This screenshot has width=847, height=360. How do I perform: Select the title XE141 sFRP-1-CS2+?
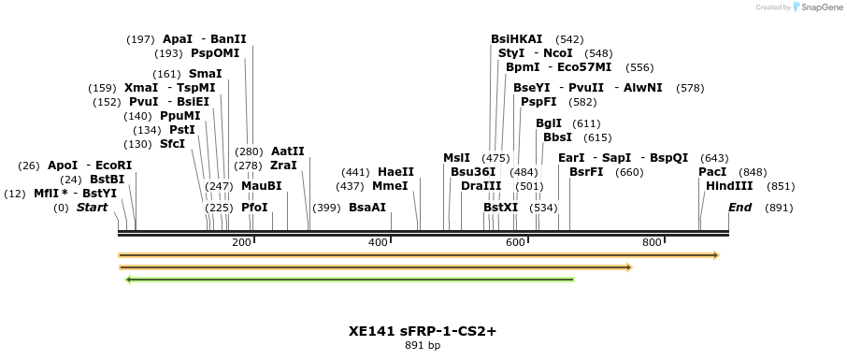[423, 330]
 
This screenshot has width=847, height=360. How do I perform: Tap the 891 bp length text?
[423, 346]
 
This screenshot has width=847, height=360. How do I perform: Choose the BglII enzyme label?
[549, 123]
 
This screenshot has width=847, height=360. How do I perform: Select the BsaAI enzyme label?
[367, 208]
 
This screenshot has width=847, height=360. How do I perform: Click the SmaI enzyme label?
[206, 73]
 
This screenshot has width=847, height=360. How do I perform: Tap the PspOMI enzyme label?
[215, 53]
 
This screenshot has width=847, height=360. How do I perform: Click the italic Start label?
[92, 208]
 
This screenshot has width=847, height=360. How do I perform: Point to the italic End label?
[739, 208]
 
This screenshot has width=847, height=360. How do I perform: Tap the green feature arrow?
[350, 279]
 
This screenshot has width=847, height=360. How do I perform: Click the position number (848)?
[753, 172]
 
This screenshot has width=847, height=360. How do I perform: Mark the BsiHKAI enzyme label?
[517, 39]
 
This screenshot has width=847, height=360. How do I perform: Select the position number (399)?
[326, 208]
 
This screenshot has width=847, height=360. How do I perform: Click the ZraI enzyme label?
[283, 166]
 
